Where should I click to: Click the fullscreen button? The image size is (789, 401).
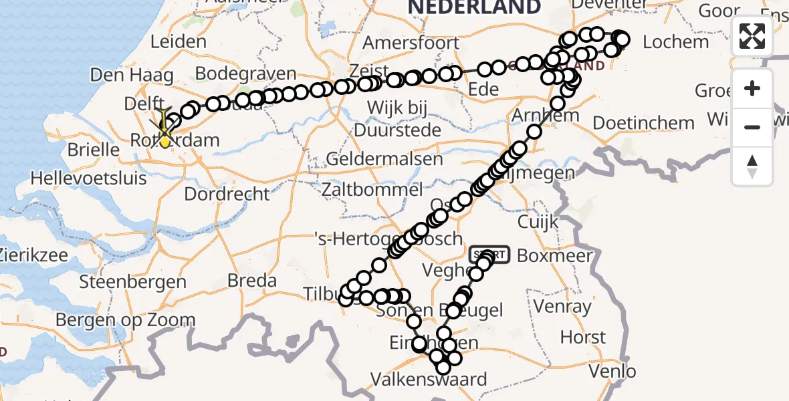(x=752, y=36)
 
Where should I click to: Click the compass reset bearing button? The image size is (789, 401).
(x=752, y=166)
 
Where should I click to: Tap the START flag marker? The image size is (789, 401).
(x=491, y=255)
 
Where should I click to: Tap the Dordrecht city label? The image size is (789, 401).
(x=227, y=194)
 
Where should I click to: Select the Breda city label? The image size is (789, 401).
(x=252, y=280)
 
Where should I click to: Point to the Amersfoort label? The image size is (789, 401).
(x=411, y=43)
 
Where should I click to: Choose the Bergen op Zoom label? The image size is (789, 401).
(x=125, y=320)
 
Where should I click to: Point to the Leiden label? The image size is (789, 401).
(x=178, y=41)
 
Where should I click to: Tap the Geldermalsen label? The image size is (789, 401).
(x=384, y=160)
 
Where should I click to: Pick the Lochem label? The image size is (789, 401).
(x=675, y=42)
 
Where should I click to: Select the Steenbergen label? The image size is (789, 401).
(x=132, y=281)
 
